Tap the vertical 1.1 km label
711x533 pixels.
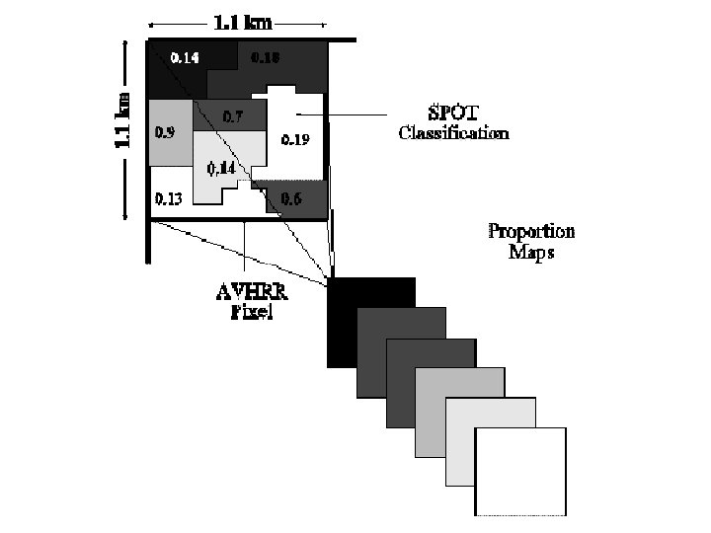(123, 121)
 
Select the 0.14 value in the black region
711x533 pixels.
(185, 58)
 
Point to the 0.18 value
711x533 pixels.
(266, 58)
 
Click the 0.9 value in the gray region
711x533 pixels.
(165, 131)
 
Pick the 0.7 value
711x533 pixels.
(233, 116)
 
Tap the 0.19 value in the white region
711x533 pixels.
(295, 139)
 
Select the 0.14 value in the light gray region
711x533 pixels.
(221, 168)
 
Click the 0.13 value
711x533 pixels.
(168, 198)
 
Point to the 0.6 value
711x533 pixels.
(291, 198)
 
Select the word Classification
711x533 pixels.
(453, 133)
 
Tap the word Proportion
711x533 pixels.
(531, 232)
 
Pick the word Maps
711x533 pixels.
(531, 252)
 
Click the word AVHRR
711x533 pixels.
(250, 291)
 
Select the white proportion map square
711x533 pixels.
(520, 472)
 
